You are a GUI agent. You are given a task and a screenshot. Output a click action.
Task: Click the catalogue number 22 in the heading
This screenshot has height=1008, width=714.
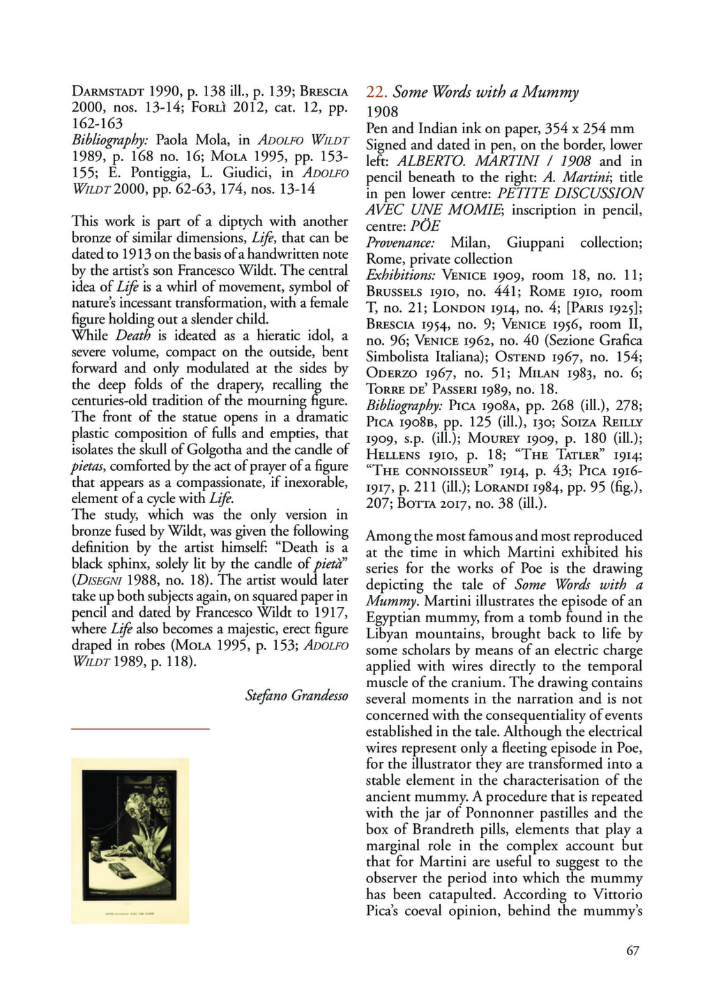click(376, 92)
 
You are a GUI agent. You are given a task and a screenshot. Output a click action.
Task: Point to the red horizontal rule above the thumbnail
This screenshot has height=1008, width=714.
click(140, 728)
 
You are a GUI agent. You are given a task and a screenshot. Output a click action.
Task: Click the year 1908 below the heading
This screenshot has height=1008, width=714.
click(382, 112)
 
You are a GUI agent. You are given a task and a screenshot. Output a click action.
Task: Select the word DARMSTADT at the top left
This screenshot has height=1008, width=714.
click(108, 91)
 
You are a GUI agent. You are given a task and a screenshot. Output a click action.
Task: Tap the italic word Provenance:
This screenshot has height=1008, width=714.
click(401, 243)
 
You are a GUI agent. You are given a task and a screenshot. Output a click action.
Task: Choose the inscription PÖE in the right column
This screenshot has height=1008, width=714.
click(425, 227)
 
